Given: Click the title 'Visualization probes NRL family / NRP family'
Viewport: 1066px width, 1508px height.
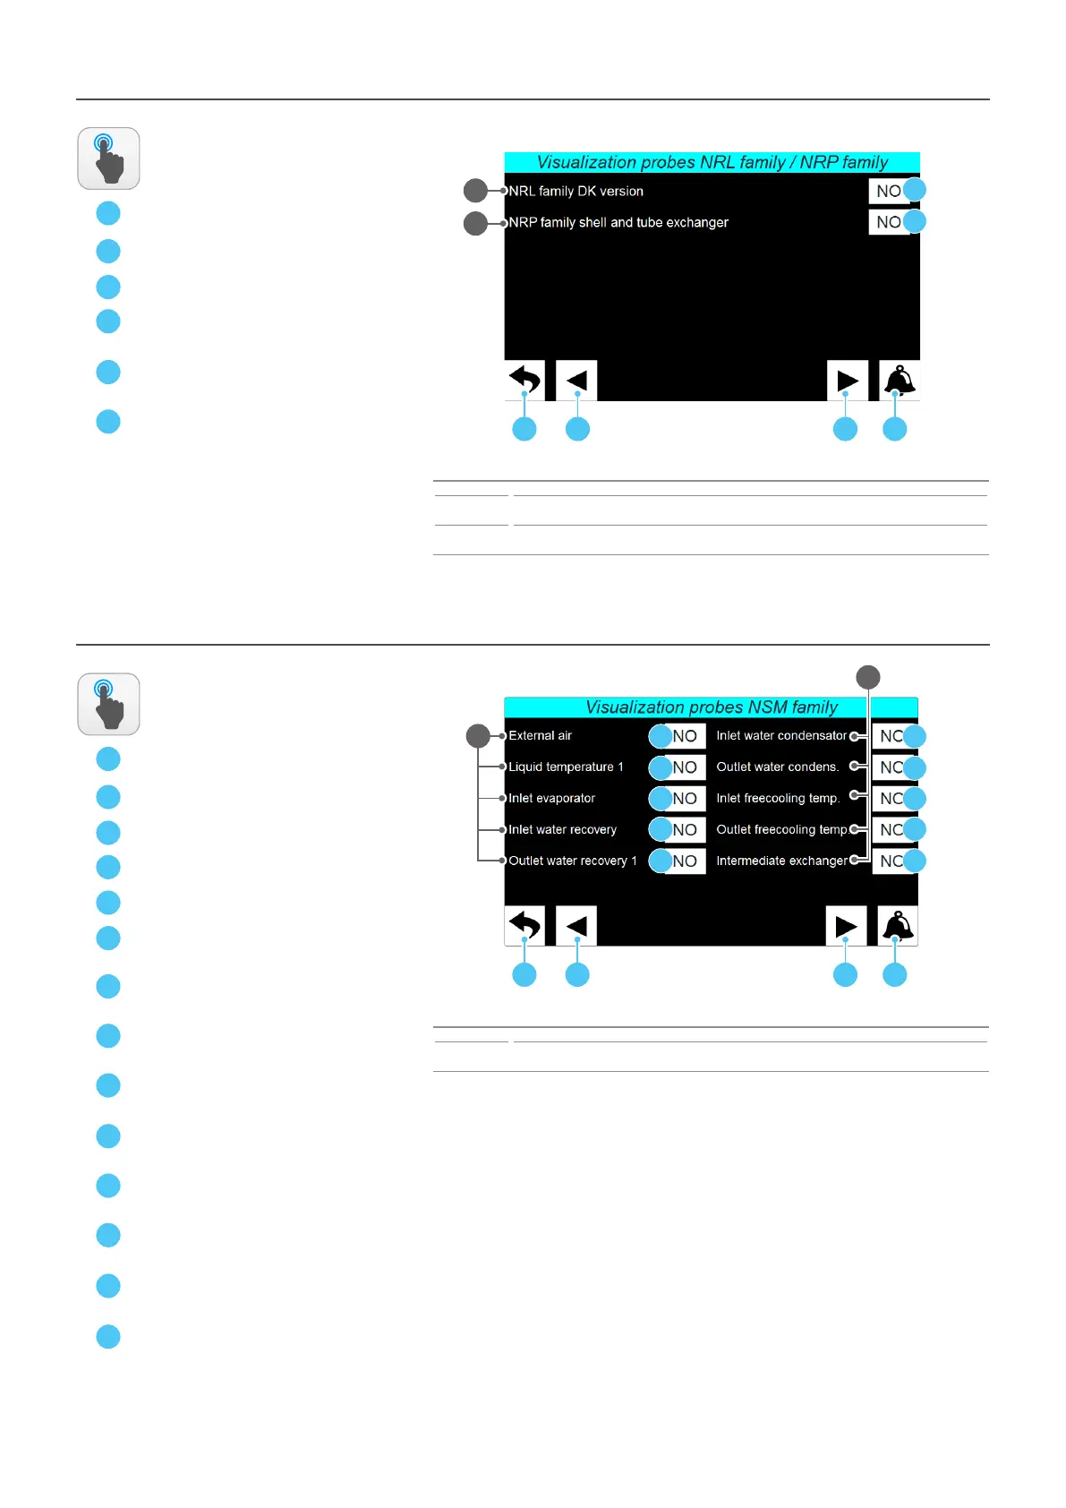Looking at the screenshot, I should [712, 162].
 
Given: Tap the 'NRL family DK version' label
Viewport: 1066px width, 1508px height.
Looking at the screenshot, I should [576, 191].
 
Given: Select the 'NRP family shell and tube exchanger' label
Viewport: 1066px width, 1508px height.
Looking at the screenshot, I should [618, 222].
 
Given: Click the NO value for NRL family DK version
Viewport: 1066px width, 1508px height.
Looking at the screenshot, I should [888, 191].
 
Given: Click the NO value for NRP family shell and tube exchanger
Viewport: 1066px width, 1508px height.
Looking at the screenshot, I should [888, 222].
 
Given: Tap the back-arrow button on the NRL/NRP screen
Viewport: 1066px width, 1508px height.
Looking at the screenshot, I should [525, 380].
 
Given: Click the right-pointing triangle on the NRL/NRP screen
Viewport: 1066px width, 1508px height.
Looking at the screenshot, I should [847, 381].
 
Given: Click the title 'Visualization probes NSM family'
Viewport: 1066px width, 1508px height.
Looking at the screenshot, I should [712, 707].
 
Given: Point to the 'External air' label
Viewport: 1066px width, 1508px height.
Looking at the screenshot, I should [540, 735].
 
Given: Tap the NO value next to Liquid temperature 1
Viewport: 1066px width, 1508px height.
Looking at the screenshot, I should [685, 767].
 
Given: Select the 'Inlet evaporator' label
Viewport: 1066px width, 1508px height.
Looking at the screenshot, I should [551, 798].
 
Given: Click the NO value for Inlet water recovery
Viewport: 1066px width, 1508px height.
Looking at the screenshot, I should [685, 830].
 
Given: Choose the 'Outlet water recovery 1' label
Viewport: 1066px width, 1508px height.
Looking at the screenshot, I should [573, 861].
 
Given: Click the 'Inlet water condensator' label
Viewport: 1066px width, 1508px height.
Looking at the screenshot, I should [780, 735].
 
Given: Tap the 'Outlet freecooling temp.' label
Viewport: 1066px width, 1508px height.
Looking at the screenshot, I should [781, 829].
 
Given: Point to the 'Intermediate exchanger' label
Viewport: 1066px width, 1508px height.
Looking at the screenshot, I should [781, 861].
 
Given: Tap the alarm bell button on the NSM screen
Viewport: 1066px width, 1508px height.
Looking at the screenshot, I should [898, 926].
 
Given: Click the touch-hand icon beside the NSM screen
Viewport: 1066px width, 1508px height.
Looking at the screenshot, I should [108, 704].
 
